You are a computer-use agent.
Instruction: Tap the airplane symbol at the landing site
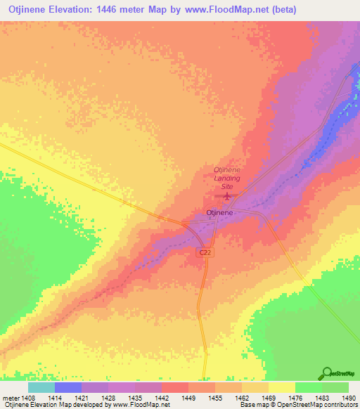pyautogui.click(x=226, y=188)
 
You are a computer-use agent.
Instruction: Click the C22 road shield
pyautogui.click(x=204, y=252)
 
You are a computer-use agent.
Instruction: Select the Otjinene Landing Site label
pyautogui.click(x=227, y=174)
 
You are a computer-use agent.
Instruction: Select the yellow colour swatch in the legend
pyautogui.click(x=281, y=388)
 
